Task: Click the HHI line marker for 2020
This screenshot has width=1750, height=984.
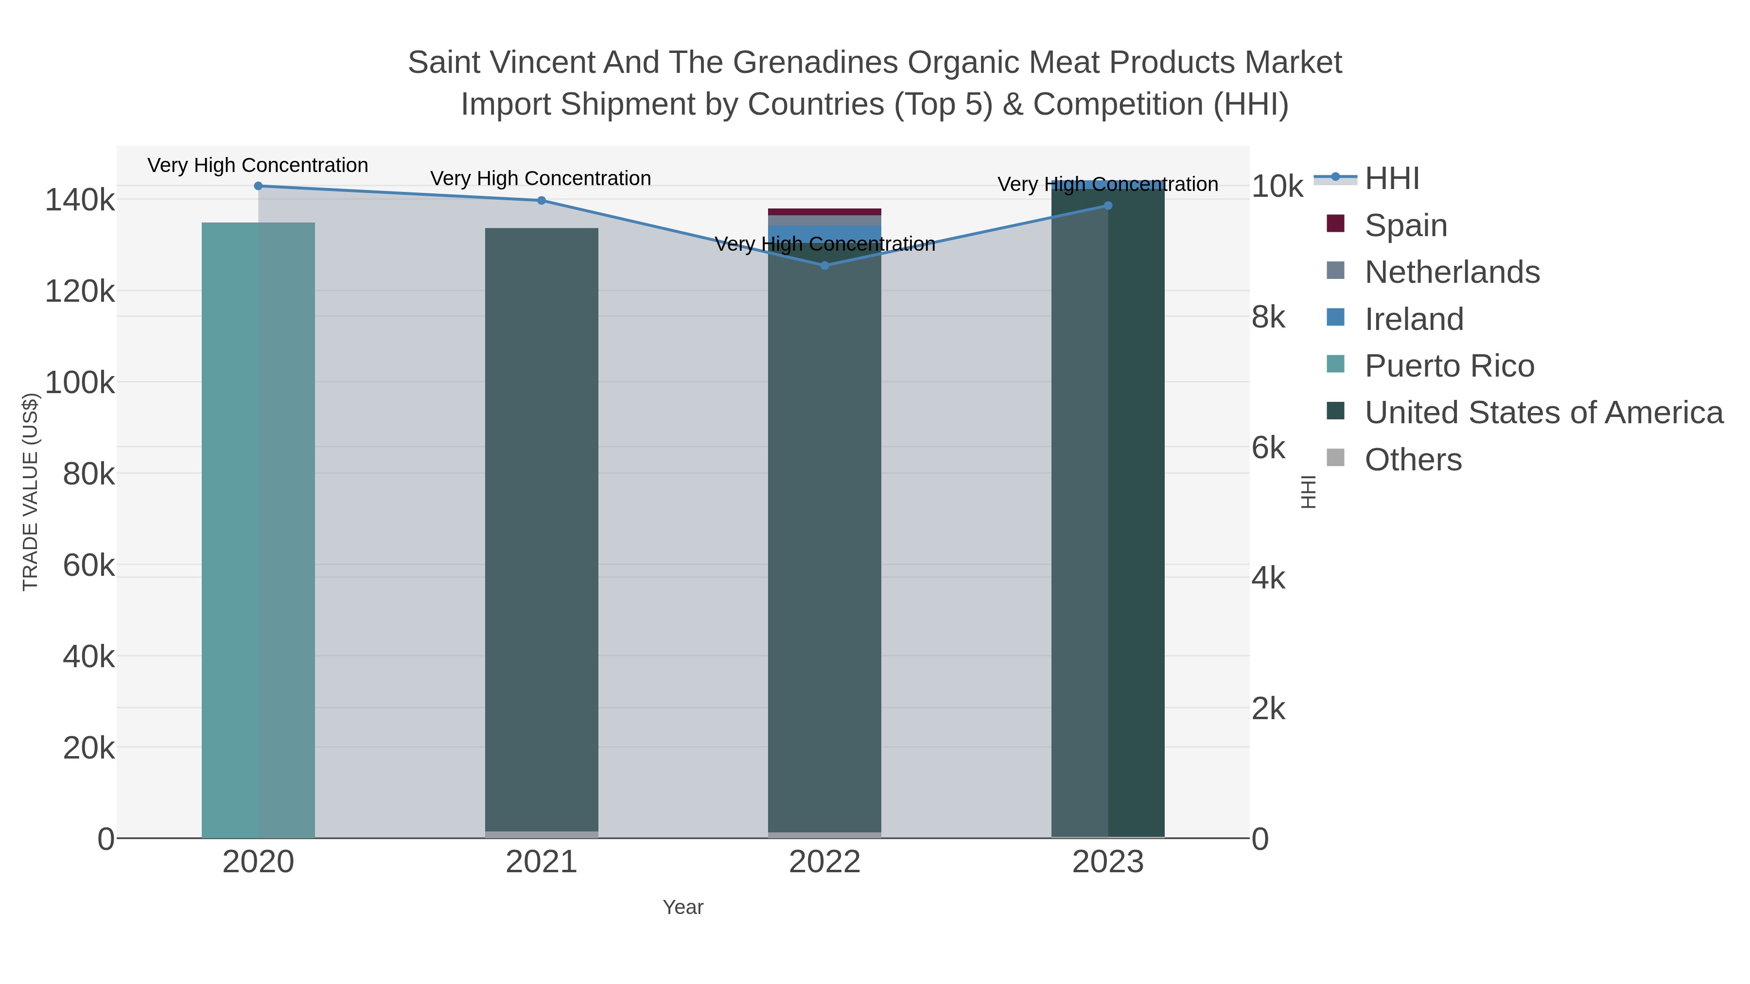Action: tap(258, 186)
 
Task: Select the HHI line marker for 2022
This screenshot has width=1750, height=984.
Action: tap(825, 265)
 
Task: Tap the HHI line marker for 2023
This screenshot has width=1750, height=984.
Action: tap(1108, 206)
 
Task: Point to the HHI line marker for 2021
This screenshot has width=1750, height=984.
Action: tap(542, 200)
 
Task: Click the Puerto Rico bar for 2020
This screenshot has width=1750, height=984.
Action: tap(258, 530)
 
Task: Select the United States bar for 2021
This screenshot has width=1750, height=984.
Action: tap(542, 530)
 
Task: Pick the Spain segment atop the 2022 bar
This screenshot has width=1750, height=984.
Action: tap(825, 212)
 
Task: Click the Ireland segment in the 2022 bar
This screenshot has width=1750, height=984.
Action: tap(825, 231)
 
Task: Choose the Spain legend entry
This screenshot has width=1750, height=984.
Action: tap(1405, 225)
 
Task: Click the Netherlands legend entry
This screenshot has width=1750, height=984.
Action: tap(1452, 272)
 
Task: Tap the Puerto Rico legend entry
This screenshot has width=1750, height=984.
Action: tap(1449, 366)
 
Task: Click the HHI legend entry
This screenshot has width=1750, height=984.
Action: tap(1391, 179)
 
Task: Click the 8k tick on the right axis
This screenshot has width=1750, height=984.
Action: tap(1268, 317)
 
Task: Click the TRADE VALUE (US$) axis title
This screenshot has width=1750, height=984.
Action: tap(31, 492)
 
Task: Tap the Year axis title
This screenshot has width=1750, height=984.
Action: tap(683, 907)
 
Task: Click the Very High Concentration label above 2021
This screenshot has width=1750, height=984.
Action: tap(541, 179)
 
